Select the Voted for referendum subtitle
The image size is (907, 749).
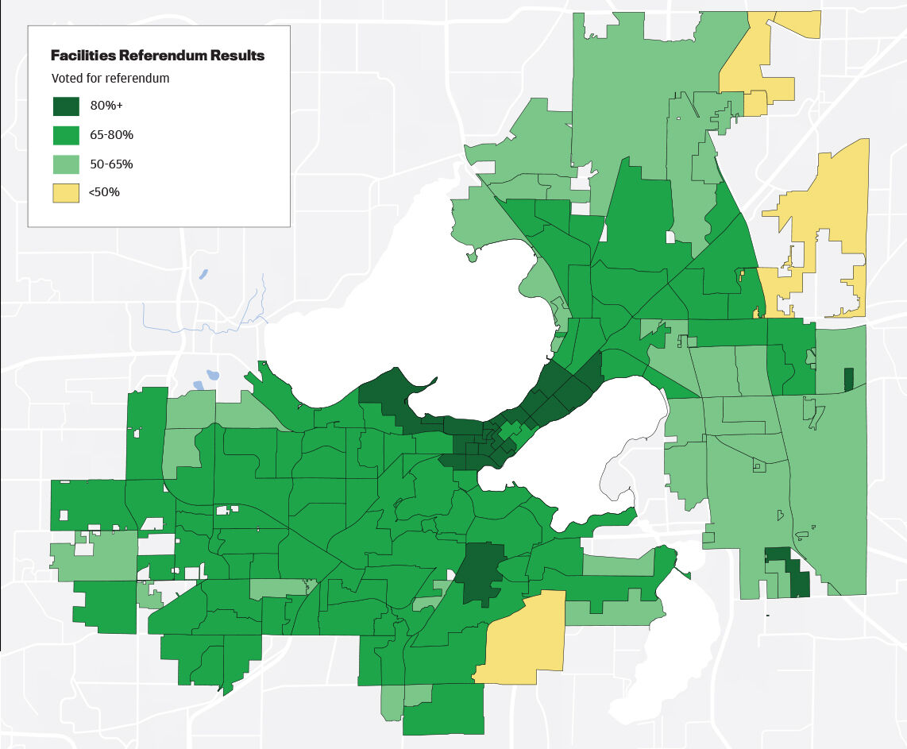coord(110,79)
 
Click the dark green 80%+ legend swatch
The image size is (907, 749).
coord(66,106)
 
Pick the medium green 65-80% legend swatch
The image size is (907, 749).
coord(66,135)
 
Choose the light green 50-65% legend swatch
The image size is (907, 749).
coord(66,164)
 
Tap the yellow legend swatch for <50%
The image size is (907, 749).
coord(66,192)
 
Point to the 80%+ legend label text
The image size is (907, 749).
coord(106,106)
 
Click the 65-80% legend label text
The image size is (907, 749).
coord(111,135)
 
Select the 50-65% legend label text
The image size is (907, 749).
coord(111,164)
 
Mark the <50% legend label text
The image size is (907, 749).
coord(105,192)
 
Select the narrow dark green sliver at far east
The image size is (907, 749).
coord(847,379)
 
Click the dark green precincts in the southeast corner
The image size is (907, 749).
coord(790,572)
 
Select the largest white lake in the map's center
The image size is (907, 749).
coord(413,310)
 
